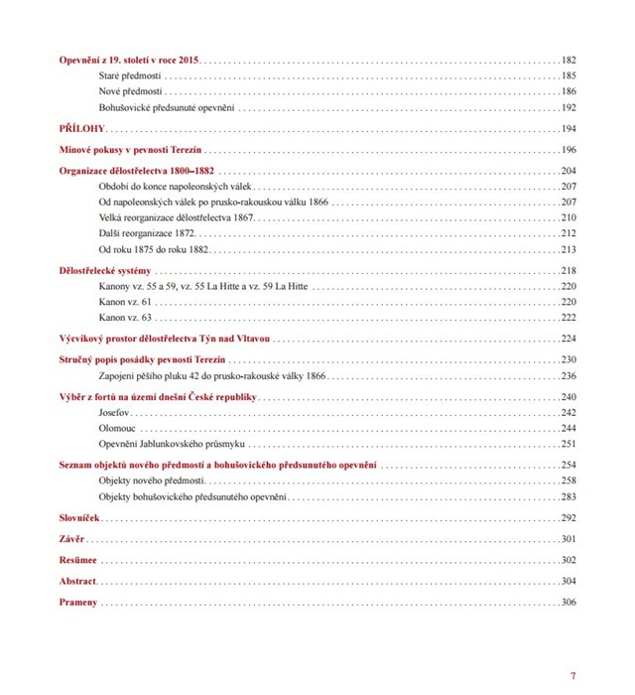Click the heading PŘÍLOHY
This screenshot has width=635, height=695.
click(x=81, y=129)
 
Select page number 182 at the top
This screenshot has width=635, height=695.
click(x=569, y=61)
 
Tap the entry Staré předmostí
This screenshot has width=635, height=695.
click(x=130, y=75)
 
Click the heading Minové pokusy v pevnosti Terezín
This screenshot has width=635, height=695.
click(x=131, y=150)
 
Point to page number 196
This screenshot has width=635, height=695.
click(x=569, y=150)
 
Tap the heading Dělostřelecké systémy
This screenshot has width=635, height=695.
click(x=105, y=271)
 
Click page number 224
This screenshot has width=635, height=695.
click(x=569, y=339)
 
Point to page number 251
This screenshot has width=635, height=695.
click(x=569, y=444)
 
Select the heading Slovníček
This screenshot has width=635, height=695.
click(x=79, y=518)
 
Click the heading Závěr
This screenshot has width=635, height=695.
click(x=72, y=539)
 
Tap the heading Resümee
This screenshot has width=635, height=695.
click(x=77, y=560)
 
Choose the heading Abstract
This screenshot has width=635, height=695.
click(x=76, y=581)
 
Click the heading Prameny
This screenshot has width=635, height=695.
click(x=78, y=603)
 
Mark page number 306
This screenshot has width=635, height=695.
click(x=569, y=603)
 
